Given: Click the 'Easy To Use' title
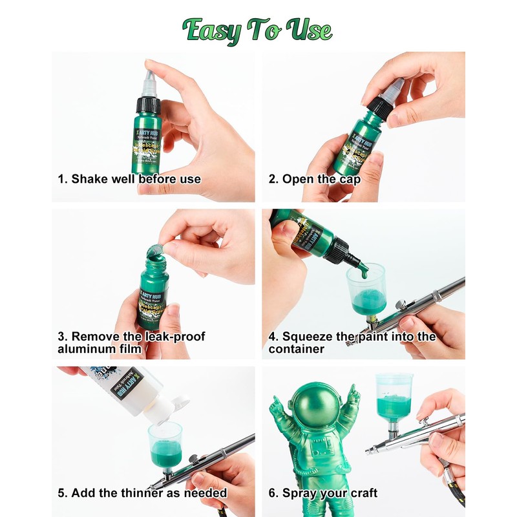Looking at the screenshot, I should (257, 30).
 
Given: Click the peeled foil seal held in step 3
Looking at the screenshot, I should (155, 249).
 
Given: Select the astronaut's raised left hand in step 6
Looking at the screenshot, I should (353, 396).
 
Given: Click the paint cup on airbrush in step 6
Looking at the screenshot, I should (393, 397).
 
